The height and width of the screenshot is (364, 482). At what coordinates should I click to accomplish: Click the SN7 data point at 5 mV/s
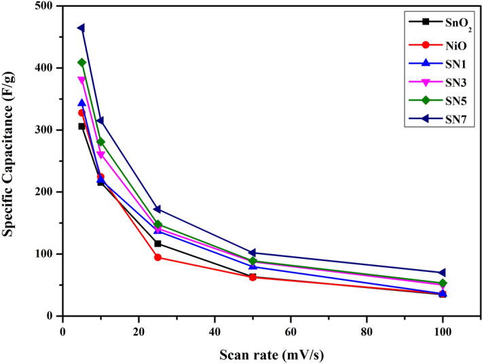point(81,28)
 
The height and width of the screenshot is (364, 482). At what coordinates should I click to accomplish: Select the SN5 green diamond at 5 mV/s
point(81,62)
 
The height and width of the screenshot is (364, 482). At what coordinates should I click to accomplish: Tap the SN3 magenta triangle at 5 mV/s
point(81,80)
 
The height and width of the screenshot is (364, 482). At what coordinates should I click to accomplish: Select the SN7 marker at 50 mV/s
point(253,253)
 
